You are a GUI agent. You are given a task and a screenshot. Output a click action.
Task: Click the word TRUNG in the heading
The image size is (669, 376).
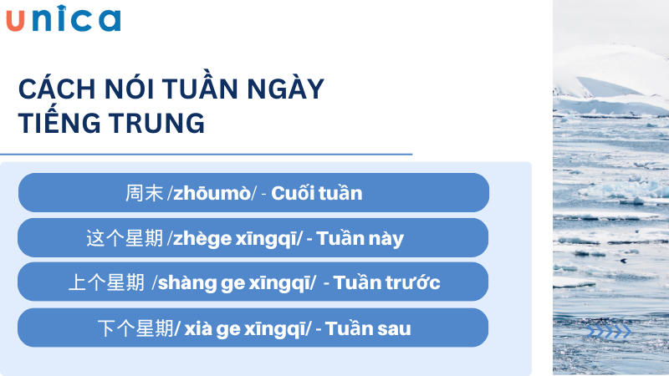pos(158,123)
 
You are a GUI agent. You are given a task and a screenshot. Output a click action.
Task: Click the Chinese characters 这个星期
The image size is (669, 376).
pos(125,238)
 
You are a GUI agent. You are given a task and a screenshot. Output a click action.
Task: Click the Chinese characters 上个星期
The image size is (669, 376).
pos(106,283)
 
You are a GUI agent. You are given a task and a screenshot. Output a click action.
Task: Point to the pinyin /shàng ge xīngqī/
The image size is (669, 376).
pos(234,283)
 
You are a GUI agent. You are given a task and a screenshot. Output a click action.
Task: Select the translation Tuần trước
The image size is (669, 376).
pos(387,283)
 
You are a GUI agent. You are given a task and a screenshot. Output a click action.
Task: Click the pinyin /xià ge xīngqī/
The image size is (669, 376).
pos(243,328)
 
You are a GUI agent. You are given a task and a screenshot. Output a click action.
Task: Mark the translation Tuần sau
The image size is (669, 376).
pos(369,328)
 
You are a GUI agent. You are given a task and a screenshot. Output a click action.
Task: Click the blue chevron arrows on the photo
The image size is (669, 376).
pos(610,333)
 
